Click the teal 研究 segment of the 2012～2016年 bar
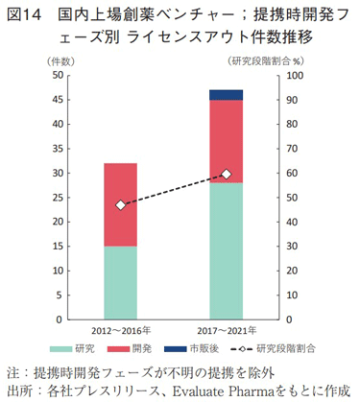pyautogui.click(x=120, y=282)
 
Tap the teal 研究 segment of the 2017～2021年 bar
pyautogui.click(x=227, y=250)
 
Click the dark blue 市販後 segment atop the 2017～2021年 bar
pyautogui.click(x=227, y=95)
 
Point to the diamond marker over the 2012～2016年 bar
pyautogui.click(x=120, y=205)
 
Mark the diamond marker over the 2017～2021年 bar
pyautogui.click(x=227, y=174)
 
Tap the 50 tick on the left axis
pyautogui.click(x=58, y=75)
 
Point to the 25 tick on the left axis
pyautogui.click(x=58, y=197)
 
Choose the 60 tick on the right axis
pyautogui.click(x=293, y=173)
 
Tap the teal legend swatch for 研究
pyautogui.click(x=65, y=346)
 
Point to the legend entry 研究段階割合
pyautogui.click(x=287, y=346)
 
